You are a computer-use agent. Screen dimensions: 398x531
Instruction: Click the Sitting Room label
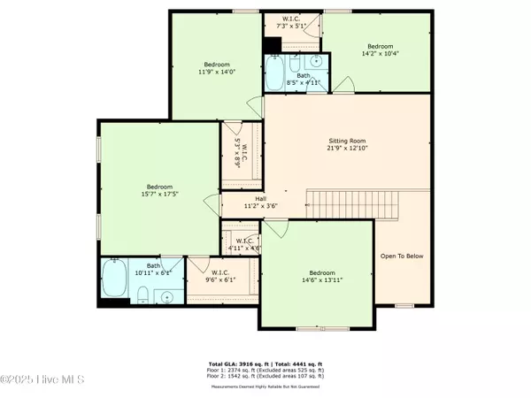pyautogui.click(x=347, y=142)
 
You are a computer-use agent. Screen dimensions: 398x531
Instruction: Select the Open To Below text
pyautogui.click(x=402, y=256)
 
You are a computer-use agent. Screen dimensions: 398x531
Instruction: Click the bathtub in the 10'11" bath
pyautogui.click(x=114, y=282)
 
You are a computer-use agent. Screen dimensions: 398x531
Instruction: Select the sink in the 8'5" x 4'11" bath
pyautogui.click(x=317, y=63)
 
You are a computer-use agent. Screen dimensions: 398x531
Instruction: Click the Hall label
pyautogui.click(x=261, y=199)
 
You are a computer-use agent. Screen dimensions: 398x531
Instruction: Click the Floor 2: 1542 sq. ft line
pyautogui.click(x=265, y=377)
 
